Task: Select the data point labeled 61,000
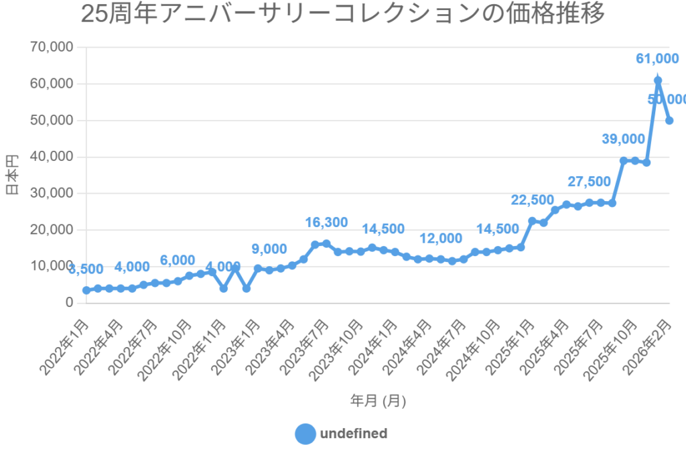[x=658, y=80]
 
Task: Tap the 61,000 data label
[x=658, y=60]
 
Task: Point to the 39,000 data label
[x=623, y=139]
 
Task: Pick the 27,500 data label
[x=589, y=182]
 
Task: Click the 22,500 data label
[x=532, y=200]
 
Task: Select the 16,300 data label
[x=326, y=222]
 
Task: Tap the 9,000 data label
[x=269, y=249]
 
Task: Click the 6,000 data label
[x=178, y=260]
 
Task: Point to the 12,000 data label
[x=441, y=239]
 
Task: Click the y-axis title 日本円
[x=12, y=174]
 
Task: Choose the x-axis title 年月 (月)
[x=378, y=401]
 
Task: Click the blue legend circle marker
[x=305, y=434]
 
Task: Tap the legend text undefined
[x=354, y=434]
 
